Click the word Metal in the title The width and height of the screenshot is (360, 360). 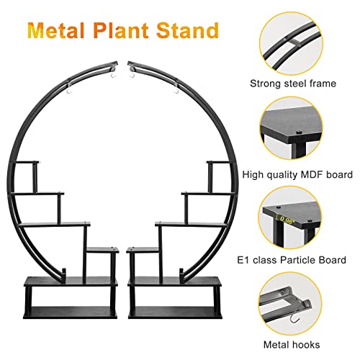55,30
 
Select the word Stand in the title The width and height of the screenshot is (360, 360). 187,30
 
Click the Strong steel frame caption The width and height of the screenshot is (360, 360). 293,84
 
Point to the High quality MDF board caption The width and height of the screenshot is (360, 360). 297,175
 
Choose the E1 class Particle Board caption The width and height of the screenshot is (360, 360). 292,260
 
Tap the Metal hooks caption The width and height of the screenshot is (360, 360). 292,345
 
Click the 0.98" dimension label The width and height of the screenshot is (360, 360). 287,220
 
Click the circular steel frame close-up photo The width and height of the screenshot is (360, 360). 291,44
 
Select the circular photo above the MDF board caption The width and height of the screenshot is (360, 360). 291,128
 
